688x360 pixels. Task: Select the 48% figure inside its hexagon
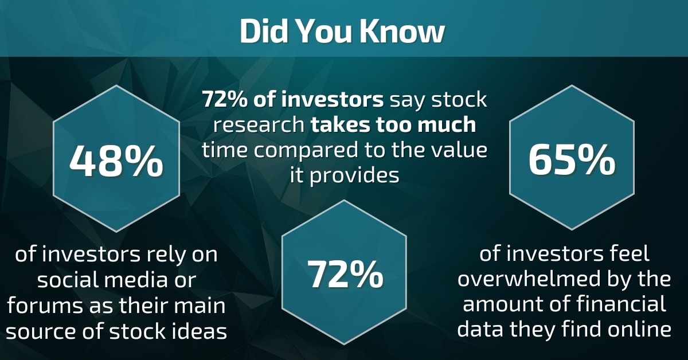point(116,162)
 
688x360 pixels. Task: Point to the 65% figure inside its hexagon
point(572,162)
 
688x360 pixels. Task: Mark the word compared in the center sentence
point(311,150)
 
